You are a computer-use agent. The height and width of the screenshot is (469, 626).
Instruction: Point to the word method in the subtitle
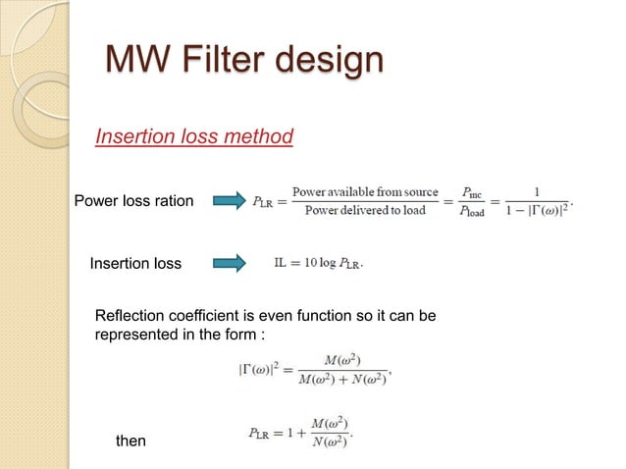pos(260,136)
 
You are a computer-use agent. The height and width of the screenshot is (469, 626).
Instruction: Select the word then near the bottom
pos(130,441)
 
